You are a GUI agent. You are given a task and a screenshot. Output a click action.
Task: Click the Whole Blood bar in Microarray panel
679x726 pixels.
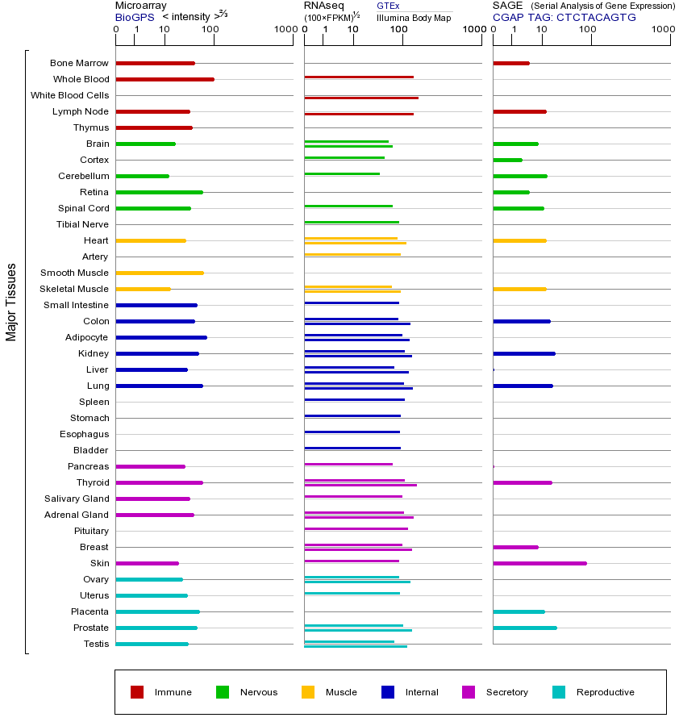tap(165, 79)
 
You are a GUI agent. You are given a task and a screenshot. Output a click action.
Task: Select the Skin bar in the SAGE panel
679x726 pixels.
tap(539, 563)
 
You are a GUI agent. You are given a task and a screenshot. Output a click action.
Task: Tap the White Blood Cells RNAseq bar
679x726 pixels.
tap(360, 98)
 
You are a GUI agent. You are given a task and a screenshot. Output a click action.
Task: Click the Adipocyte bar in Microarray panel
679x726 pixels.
tap(161, 337)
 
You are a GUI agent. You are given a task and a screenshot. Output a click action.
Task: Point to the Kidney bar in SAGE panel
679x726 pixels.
tap(523, 353)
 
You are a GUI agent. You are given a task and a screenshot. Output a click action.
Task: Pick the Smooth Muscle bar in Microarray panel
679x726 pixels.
tap(160, 273)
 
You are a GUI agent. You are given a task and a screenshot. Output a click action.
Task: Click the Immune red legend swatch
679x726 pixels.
tap(137, 692)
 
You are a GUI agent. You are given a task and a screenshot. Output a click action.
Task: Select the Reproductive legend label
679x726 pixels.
tap(605, 692)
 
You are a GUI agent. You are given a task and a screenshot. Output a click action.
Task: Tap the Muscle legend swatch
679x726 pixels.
tap(308, 692)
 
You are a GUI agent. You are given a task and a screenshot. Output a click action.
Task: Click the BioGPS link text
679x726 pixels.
tap(135, 17)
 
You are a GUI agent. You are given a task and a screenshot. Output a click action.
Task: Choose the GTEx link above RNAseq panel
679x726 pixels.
tap(388, 6)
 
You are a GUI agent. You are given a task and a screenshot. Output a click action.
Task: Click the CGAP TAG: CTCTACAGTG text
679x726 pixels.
tap(564, 17)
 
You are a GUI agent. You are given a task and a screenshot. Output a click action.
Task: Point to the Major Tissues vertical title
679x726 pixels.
tap(11, 302)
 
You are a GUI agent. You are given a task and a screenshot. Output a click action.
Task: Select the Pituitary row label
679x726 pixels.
tap(90, 531)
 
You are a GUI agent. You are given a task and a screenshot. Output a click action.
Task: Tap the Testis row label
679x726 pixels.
tap(96, 644)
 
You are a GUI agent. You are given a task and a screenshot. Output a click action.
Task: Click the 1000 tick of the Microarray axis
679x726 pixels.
tap(285, 30)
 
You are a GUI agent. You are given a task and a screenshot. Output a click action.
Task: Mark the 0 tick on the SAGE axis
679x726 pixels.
tap(493, 30)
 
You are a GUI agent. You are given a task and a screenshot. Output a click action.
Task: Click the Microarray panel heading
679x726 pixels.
tap(141, 6)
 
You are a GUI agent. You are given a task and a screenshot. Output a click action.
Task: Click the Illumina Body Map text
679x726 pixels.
tap(414, 17)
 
